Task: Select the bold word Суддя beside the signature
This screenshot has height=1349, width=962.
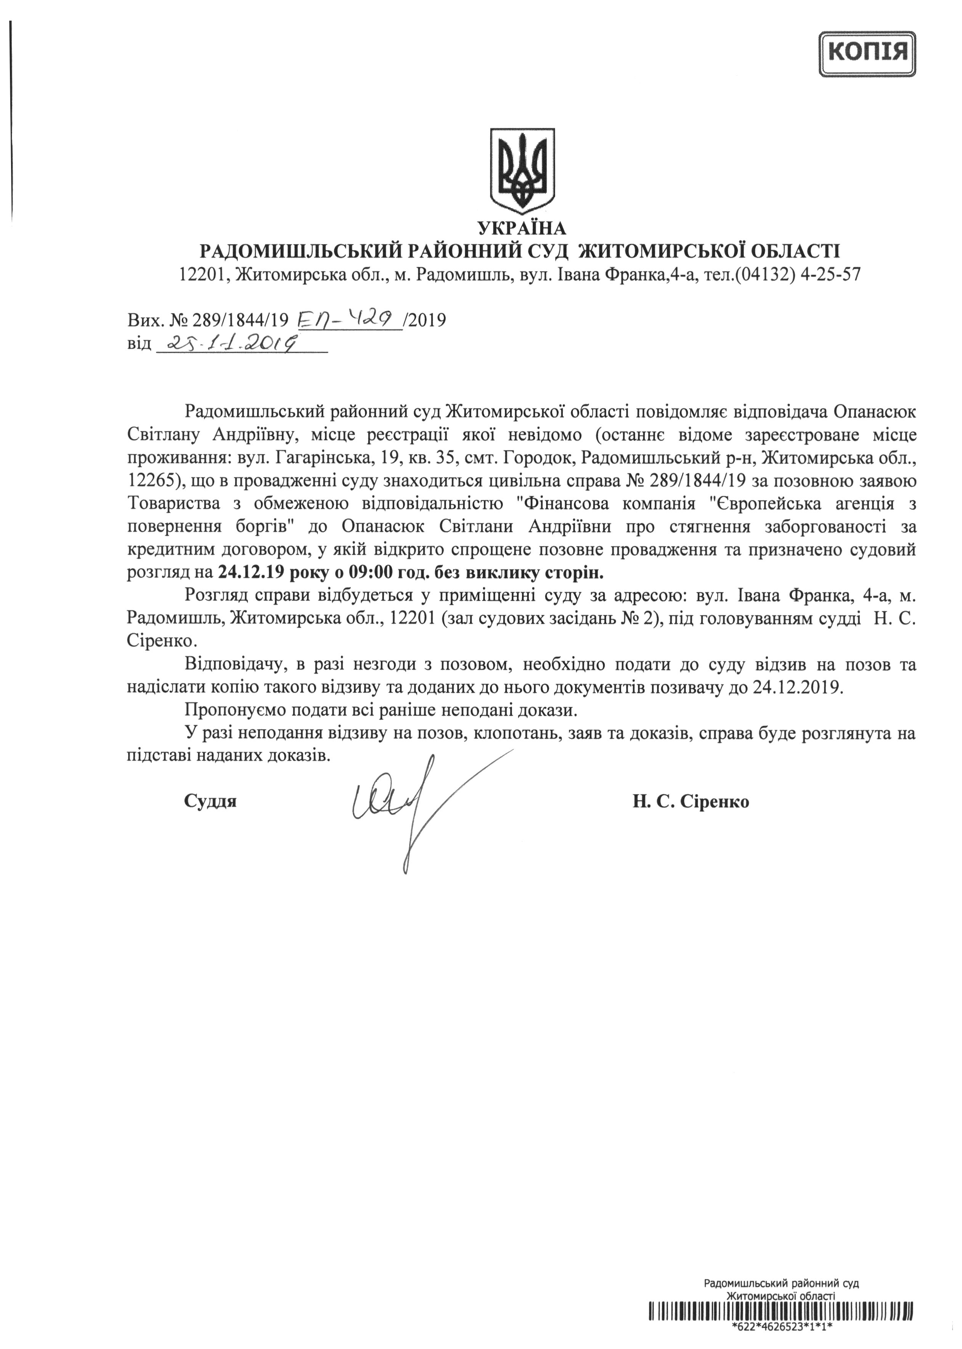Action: [210, 802]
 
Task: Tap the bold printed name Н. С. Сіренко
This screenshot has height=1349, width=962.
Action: [690, 802]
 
